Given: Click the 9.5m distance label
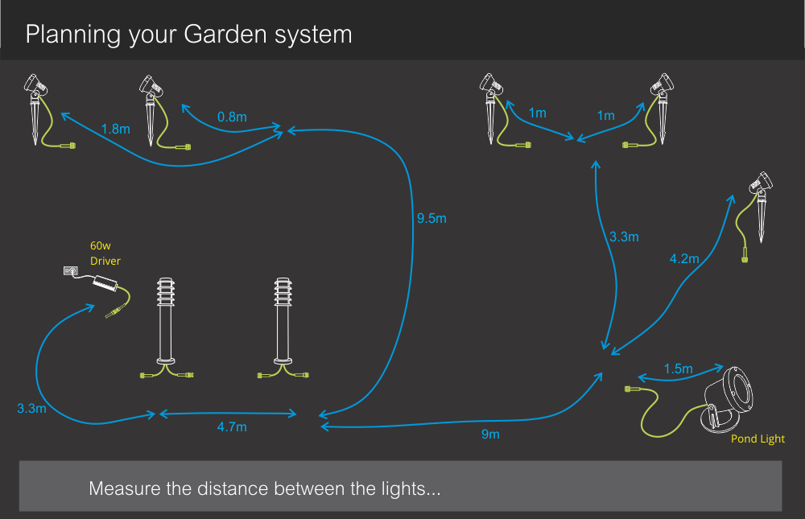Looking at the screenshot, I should (x=431, y=218).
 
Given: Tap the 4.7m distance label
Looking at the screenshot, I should (x=232, y=427).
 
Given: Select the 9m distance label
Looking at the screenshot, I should (x=490, y=435).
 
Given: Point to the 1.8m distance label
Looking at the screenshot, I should (x=116, y=128).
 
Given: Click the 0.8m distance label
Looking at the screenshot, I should (x=232, y=117).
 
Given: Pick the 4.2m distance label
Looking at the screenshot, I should (x=684, y=259).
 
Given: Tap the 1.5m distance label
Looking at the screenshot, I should (x=678, y=369).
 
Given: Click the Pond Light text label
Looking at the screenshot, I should (x=758, y=439).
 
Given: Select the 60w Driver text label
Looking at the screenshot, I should (x=105, y=253).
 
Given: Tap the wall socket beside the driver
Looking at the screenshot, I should (x=70, y=273).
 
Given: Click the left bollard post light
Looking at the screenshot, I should (x=166, y=326).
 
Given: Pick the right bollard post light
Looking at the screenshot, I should (x=283, y=326).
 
